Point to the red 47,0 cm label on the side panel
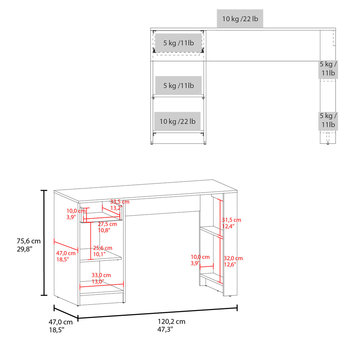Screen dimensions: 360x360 click(x=64, y=256)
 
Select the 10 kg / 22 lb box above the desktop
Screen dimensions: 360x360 click(x=240, y=19)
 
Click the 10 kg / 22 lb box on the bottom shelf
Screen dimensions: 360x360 click(x=177, y=121)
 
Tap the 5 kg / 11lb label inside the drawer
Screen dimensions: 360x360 click(x=178, y=43)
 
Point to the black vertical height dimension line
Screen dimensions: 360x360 click(x=44, y=243)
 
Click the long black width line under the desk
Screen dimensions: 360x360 click(x=157, y=313)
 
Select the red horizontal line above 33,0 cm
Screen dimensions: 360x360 click(x=102, y=287)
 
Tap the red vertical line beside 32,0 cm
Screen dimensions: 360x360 click(x=220, y=259)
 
